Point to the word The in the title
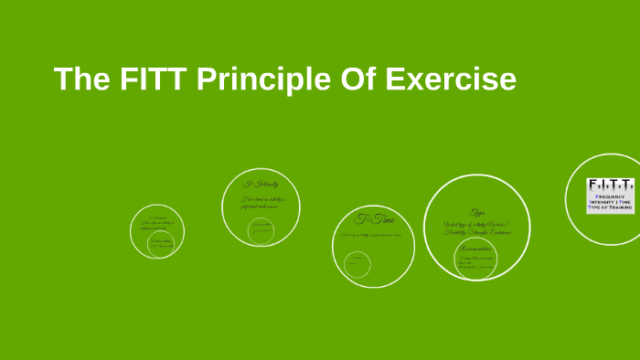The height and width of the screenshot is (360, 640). (82, 79)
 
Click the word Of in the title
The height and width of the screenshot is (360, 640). (358, 79)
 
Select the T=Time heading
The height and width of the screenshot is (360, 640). (375, 219)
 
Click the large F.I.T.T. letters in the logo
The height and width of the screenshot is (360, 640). (610, 185)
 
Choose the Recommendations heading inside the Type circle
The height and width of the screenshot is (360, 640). (474, 248)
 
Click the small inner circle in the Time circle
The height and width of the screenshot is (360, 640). (357, 263)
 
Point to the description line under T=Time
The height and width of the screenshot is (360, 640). (373, 235)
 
